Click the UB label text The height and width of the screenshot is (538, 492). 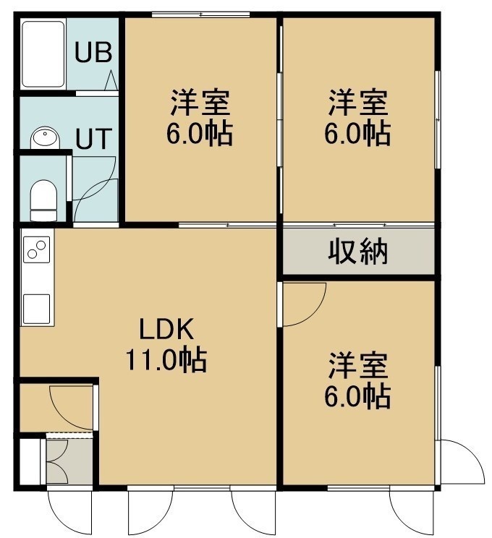pyautogui.click(x=93, y=52)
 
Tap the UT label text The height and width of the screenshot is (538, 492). pyautogui.click(x=94, y=138)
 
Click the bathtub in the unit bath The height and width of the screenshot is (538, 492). pyautogui.click(x=43, y=54)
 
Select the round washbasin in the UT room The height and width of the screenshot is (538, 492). pyautogui.click(x=45, y=138)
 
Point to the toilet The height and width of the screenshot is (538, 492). pyautogui.click(x=43, y=200)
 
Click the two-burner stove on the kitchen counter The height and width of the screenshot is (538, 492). pyautogui.click(x=37, y=249)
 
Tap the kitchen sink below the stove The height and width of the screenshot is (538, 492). pyautogui.click(x=37, y=309)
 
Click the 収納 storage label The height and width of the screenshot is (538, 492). pyautogui.click(x=357, y=252)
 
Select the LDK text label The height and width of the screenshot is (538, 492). pyautogui.click(x=166, y=330)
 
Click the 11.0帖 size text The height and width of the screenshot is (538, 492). pyautogui.click(x=166, y=359)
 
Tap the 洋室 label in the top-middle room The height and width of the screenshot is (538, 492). pyautogui.click(x=200, y=103)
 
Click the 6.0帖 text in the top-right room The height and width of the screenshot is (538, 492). pyautogui.click(x=357, y=133)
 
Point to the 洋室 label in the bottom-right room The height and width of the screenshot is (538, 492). pyautogui.click(x=357, y=365)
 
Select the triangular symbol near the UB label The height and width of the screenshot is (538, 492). pyautogui.click(x=111, y=81)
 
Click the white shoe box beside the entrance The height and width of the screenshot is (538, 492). pyautogui.click(x=30, y=461)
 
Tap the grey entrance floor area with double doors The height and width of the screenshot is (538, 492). pyautogui.click(x=69, y=461)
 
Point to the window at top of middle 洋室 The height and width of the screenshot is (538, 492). pyautogui.click(x=201, y=14)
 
